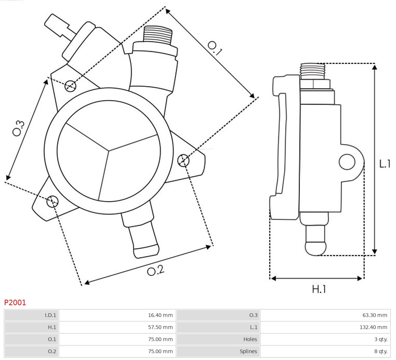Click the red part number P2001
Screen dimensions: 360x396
15,303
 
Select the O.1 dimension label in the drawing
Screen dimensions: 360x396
215,48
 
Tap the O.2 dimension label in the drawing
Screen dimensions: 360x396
156,271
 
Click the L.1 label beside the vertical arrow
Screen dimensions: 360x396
385,164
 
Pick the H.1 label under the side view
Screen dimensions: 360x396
319,289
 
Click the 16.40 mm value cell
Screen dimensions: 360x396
117,315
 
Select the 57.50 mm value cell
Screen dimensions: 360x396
117,327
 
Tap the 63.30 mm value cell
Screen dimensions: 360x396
325,315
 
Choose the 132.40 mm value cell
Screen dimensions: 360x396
325,327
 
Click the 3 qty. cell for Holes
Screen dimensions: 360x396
325,339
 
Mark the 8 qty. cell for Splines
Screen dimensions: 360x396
325,351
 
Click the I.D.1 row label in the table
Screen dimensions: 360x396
32,315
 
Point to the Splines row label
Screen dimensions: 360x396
218,351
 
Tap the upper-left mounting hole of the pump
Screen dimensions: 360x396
70,86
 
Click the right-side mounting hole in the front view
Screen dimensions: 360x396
183,160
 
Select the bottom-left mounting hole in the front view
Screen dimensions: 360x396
53,201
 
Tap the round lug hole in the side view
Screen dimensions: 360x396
347,162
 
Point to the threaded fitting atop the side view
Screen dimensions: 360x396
312,71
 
